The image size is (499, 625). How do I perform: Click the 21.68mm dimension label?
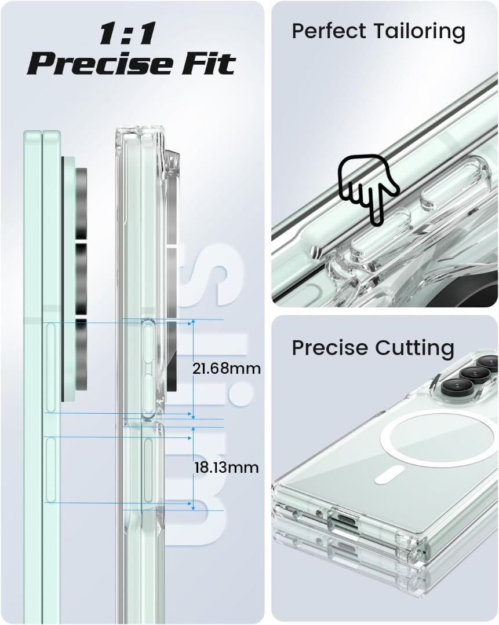tap(227, 368)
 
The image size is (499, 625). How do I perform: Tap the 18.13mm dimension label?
tap(227, 467)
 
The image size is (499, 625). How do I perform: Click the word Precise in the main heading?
tap(100, 63)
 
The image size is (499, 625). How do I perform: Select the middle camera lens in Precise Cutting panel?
tap(470, 374)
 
